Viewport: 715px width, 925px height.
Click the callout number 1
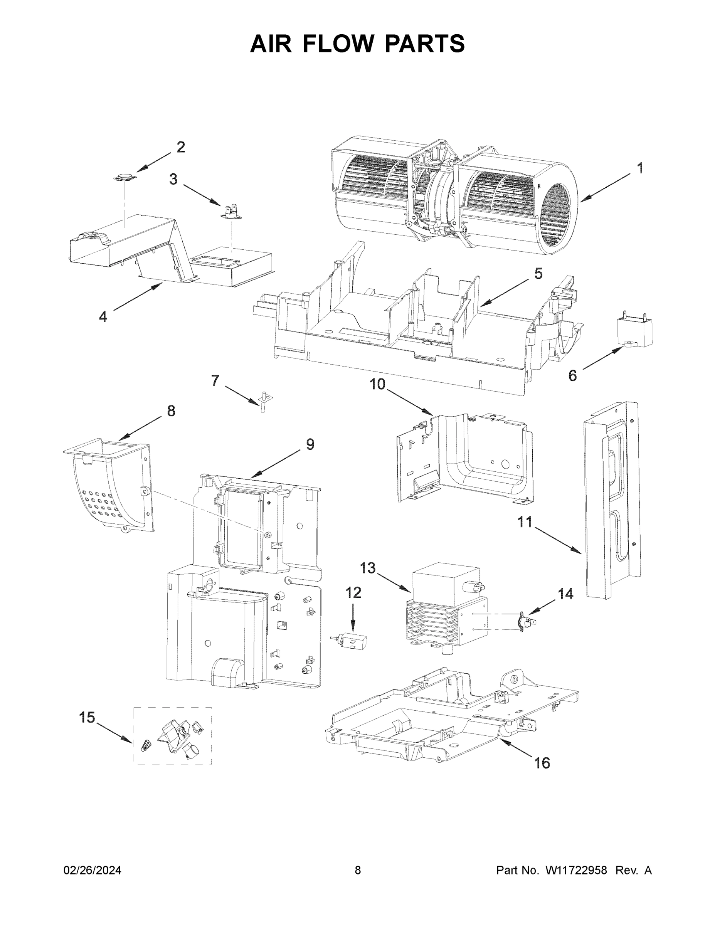click(640, 168)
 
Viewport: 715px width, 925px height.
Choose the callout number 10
click(377, 384)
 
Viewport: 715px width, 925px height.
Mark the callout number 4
click(103, 316)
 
